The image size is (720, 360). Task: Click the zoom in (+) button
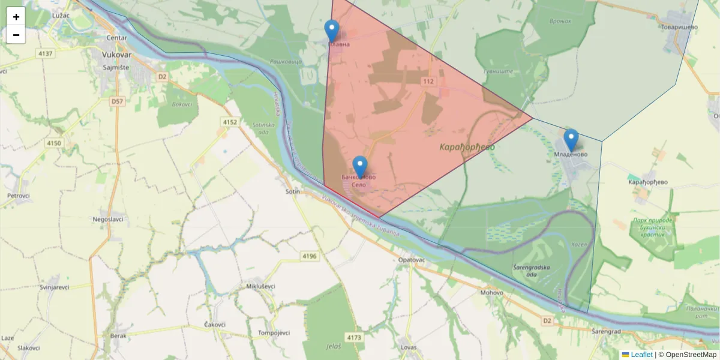pos(16,17)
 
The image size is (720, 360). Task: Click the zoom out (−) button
pos(16,35)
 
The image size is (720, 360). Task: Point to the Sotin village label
pos(293,192)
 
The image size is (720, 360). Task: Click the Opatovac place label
pos(411,260)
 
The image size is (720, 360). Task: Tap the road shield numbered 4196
pos(310,256)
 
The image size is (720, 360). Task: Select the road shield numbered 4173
pos(355,338)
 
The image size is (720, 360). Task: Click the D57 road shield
pos(117,102)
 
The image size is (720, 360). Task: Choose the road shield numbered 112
pos(428,81)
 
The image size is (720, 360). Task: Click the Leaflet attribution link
pos(641,355)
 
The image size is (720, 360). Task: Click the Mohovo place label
pos(491,293)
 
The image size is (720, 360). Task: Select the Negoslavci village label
pos(108,219)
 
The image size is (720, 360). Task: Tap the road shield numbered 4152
pos(230,122)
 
